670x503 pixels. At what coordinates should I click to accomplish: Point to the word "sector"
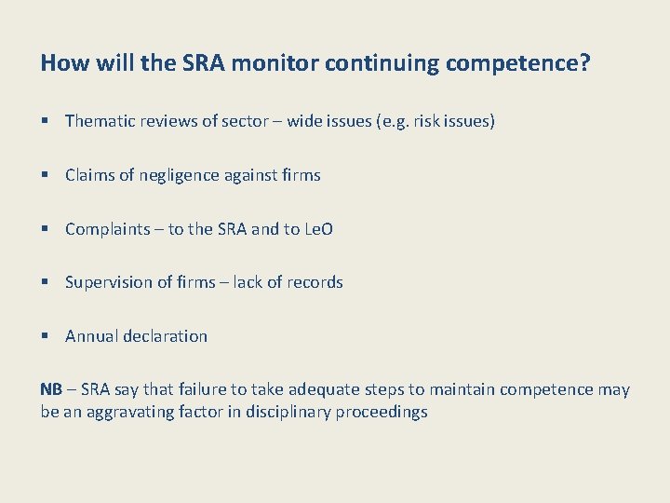click(x=244, y=121)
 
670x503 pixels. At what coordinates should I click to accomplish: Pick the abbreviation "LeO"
click(x=318, y=229)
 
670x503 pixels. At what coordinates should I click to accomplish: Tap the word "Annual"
click(x=91, y=336)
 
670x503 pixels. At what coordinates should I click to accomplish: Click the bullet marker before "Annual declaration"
click(x=46, y=336)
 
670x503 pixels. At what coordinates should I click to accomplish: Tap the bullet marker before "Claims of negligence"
click(x=46, y=175)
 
